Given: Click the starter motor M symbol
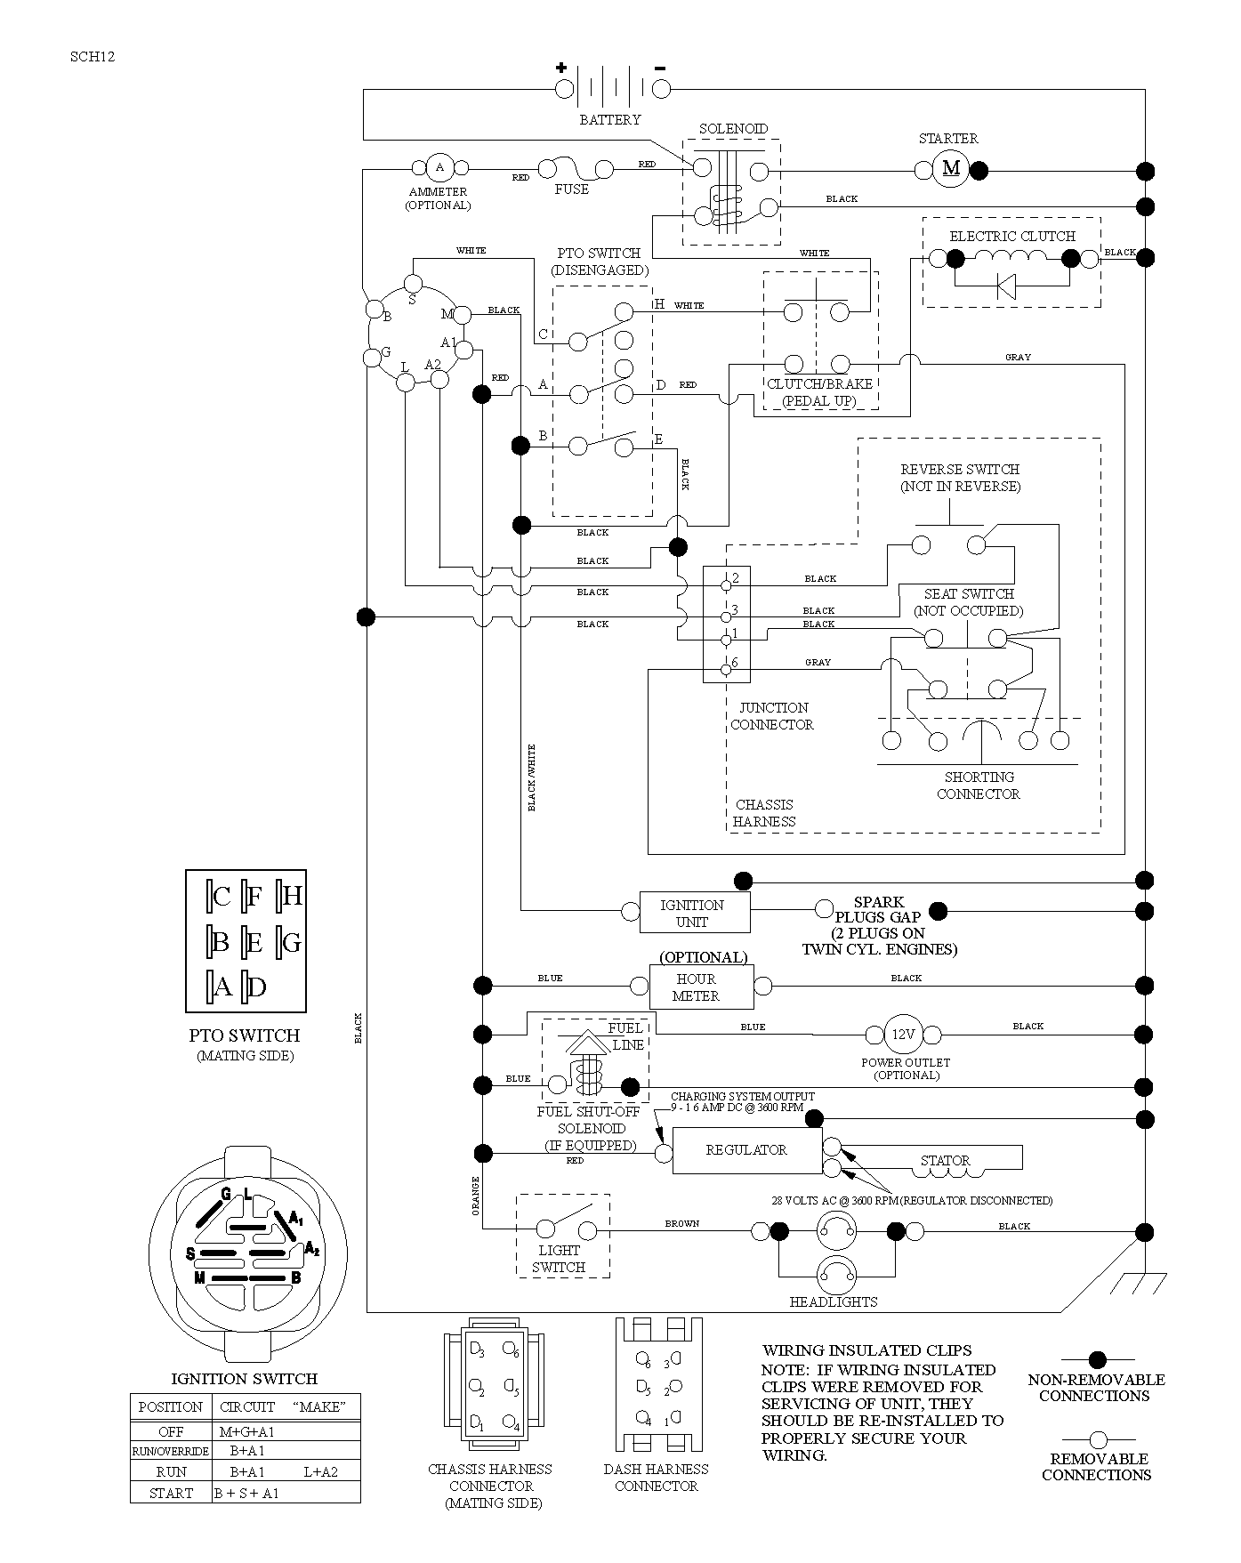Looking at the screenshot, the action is click(951, 169).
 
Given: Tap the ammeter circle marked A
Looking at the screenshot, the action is click(439, 167).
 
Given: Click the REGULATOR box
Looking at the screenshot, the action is click(746, 1151).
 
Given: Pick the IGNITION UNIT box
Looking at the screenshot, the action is click(694, 913).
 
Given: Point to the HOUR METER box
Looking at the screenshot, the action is click(702, 987).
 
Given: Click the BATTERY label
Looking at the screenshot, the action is click(610, 119).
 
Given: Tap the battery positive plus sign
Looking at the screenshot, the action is click(561, 67).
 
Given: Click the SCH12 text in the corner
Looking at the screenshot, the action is click(93, 57).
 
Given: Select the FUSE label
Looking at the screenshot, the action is click(571, 189).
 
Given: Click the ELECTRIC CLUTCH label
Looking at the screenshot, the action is click(1012, 236).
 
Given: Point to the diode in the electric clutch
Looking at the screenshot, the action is click(1006, 286).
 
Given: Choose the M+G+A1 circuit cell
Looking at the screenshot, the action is click(247, 1431).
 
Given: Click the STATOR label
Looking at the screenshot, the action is click(945, 1161).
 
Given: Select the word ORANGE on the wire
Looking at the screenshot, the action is click(476, 1196).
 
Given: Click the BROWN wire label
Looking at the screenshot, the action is click(682, 1224).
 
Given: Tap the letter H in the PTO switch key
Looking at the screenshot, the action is click(292, 895).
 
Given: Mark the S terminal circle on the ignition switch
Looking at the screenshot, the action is click(413, 284).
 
